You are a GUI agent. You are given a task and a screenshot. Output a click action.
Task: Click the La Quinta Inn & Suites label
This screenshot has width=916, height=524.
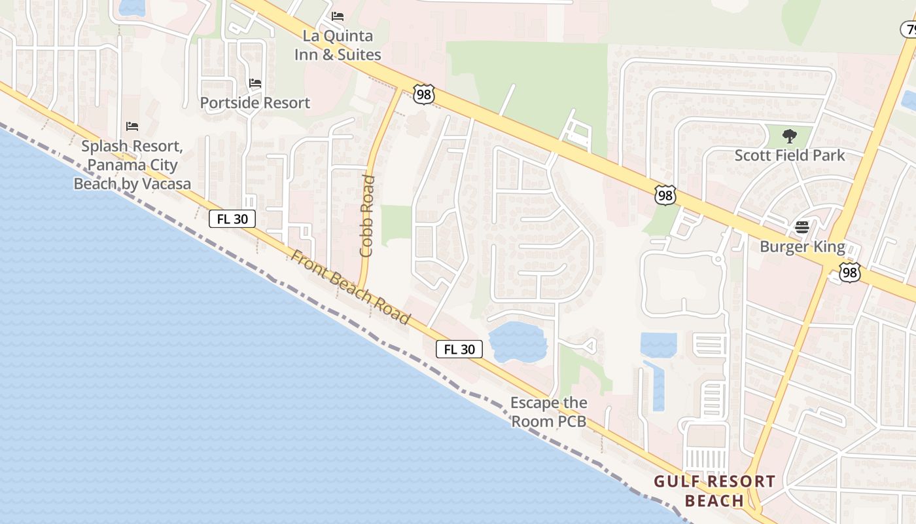pos(338,45)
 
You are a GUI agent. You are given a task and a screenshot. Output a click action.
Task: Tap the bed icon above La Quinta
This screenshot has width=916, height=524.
pos(338,15)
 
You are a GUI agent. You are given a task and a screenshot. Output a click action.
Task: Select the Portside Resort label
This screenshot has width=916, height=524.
pos(255,103)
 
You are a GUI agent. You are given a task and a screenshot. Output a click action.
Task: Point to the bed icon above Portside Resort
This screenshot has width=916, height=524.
pos(255,83)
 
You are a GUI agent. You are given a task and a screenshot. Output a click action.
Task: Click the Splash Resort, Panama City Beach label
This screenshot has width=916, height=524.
pos(132,164)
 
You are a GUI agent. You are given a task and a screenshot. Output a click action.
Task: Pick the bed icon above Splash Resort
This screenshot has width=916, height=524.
pos(132,126)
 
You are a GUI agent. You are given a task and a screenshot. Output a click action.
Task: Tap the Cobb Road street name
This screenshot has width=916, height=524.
pos(367,215)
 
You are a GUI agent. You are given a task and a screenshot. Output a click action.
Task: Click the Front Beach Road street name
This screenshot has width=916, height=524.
pos(351,287)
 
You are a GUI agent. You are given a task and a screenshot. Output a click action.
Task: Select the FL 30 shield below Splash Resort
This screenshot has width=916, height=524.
pos(232,219)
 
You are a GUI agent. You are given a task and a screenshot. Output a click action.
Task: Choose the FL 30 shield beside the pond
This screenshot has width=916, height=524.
pos(459,349)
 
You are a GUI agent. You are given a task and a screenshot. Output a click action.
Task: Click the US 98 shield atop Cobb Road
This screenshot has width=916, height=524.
pos(424,94)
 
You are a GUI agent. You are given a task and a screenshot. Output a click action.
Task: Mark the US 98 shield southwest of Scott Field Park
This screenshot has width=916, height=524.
pos(665,195)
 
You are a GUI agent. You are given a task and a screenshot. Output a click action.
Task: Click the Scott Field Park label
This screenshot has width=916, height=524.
pos(790,155)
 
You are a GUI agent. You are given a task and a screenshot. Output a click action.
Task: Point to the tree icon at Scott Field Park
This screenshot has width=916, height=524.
pos(790,136)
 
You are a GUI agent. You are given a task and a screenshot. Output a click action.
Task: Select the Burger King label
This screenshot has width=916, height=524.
pos(802,247)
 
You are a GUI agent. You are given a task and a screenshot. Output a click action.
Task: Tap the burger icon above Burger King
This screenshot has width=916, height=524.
pos(802,227)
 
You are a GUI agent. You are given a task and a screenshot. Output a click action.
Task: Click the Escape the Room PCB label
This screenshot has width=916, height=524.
pos(548,412)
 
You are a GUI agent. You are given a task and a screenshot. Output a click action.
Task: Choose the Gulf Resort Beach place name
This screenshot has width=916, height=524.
pos(714,491)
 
